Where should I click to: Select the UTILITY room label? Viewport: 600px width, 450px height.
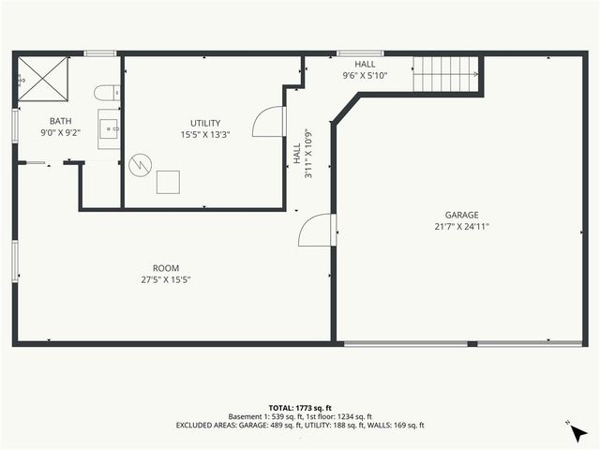click(204, 123)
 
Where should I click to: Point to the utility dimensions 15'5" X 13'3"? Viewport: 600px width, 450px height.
click(204, 134)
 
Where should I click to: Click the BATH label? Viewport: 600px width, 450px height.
click(60, 121)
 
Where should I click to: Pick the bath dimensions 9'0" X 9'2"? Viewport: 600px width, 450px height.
click(60, 132)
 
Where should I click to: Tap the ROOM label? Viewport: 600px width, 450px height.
click(166, 268)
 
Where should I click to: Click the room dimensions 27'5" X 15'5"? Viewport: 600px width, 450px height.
click(166, 279)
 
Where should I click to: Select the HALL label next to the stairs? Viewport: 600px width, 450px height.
click(365, 64)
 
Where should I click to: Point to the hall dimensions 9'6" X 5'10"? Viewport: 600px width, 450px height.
click(365, 75)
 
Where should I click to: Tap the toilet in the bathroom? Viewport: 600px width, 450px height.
click(108, 92)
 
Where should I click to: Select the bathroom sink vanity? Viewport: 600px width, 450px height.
click(109, 129)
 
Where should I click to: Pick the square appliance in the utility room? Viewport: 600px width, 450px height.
click(169, 180)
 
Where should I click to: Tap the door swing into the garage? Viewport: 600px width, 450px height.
click(316, 231)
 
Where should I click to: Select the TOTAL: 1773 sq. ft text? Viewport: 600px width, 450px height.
click(300, 408)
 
